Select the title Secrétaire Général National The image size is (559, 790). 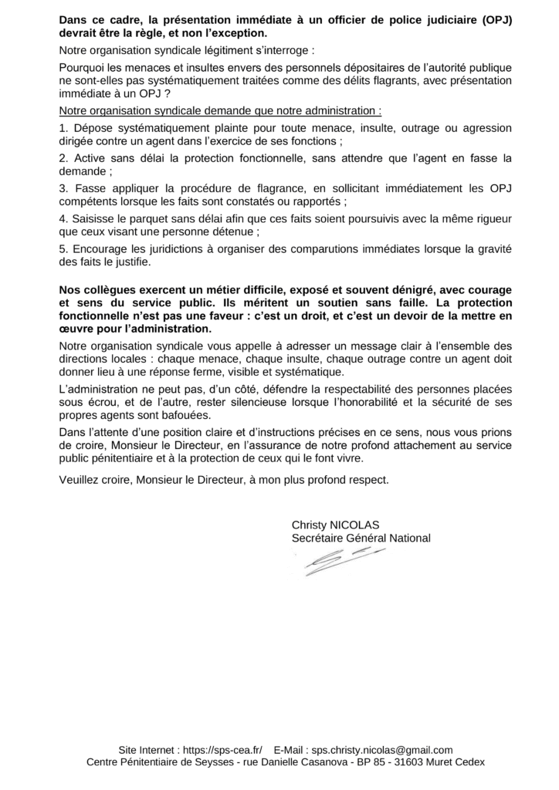(361, 538)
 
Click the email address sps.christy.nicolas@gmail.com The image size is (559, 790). (381, 750)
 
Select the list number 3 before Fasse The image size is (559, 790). (63, 188)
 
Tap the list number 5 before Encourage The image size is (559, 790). (63, 249)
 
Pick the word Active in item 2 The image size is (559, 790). (88, 158)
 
